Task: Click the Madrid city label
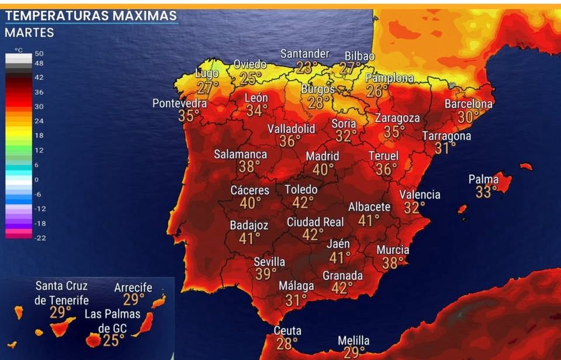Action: click(x=323, y=156)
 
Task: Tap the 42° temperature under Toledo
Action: click(x=303, y=202)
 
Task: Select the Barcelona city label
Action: click(x=468, y=103)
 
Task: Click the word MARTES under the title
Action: click(x=29, y=33)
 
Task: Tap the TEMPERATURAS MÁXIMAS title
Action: click(x=91, y=15)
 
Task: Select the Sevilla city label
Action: click(x=269, y=262)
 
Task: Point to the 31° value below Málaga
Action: click(x=296, y=300)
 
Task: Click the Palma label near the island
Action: click(x=483, y=179)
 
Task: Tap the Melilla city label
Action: click(x=354, y=340)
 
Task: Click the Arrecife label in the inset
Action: click(x=133, y=288)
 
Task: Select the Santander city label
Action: click(x=304, y=54)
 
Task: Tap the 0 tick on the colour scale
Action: click(x=36, y=179)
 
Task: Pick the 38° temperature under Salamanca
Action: click(x=250, y=167)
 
